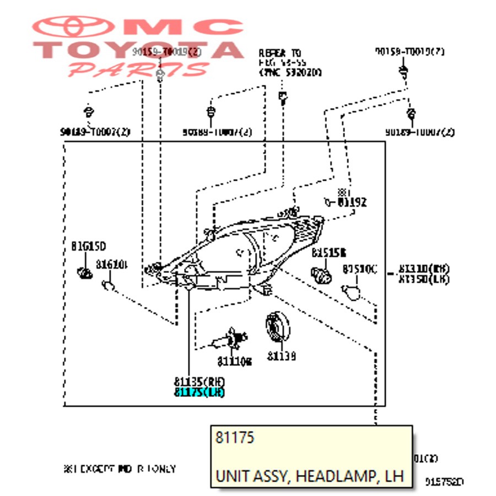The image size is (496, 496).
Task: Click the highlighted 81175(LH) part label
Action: (200, 392)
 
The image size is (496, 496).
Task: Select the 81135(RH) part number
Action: (200, 382)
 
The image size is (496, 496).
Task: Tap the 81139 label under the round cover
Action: (282, 357)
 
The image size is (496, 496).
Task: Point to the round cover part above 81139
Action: (277, 330)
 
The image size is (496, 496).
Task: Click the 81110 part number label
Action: (234, 361)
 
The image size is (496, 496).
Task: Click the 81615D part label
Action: (88, 245)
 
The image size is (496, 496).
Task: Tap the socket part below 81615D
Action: (85, 271)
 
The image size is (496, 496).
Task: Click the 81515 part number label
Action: (328, 252)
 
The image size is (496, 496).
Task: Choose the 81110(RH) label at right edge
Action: (424, 269)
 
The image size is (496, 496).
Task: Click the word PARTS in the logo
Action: (138, 70)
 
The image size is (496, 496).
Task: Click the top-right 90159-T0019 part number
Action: (409, 52)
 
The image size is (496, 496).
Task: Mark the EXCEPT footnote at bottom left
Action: (120, 469)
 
